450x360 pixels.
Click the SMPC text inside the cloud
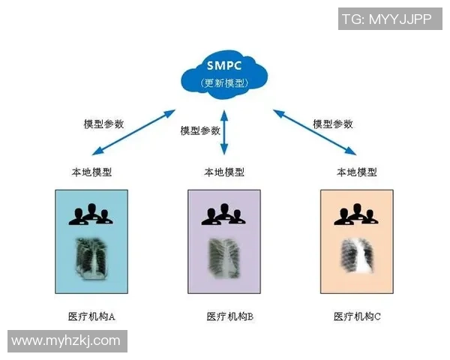(224, 64)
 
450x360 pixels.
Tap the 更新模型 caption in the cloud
(224, 82)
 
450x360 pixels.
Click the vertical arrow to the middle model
(223, 134)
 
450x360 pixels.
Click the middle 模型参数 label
(200, 130)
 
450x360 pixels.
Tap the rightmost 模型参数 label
(332, 124)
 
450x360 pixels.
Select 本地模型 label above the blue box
(92, 172)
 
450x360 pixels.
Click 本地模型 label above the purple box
(224, 172)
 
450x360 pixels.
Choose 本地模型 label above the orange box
(357, 172)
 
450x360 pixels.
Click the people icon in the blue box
(91, 214)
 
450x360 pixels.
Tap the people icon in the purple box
(224, 214)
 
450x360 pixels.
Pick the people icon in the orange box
(357, 214)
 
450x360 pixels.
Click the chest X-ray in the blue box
(91, 257)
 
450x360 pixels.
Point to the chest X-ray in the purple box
(224, 257)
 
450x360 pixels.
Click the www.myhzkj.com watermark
(66, 340)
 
